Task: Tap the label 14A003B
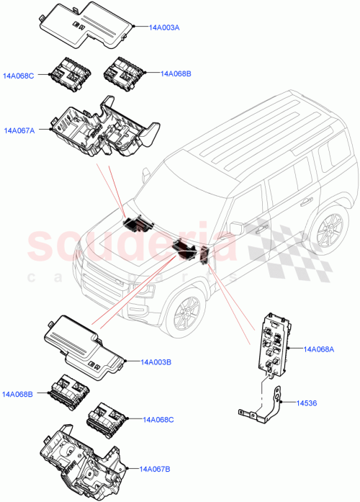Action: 155,362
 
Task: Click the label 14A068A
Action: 319,349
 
